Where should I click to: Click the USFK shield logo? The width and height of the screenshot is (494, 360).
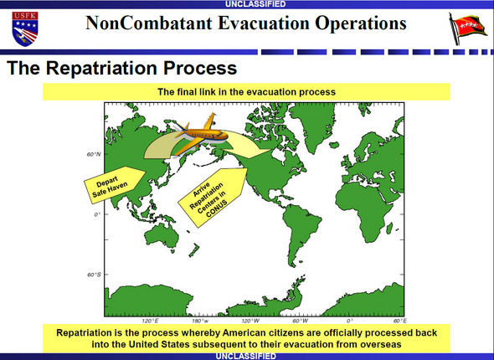pyautogui.click(x=25, y=29)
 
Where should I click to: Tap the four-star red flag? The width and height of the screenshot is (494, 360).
pyautogui.click(x=467, y=29)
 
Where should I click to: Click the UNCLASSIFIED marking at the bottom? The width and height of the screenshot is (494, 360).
pyautogui.click(x=246, y=356)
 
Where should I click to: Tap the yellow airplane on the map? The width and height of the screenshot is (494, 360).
pyautogui.click(x=200, y=134)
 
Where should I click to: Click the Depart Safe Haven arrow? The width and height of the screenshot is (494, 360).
pyautogui.click(x=115, y=184)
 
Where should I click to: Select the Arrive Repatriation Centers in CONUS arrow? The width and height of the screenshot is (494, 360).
pyautogui.click(x=213, y=198)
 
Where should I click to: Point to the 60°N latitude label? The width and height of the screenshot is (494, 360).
pyautogui.click(x=94, y=154)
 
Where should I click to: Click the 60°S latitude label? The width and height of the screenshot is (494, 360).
pyautogui.click(x=94, y=275)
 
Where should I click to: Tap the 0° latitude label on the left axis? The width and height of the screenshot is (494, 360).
pyautogui.click(x=97, y=214)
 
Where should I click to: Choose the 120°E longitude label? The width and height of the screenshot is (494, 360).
pyautogui.click(x=150, y=321)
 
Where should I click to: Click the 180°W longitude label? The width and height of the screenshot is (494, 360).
pyautogui.click(x=200, y=321)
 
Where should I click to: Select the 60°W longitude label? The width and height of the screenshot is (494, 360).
pyautogui.click(x=301, y=321)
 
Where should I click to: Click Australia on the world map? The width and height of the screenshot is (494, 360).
pyautogui.click(x=162, y=235)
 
